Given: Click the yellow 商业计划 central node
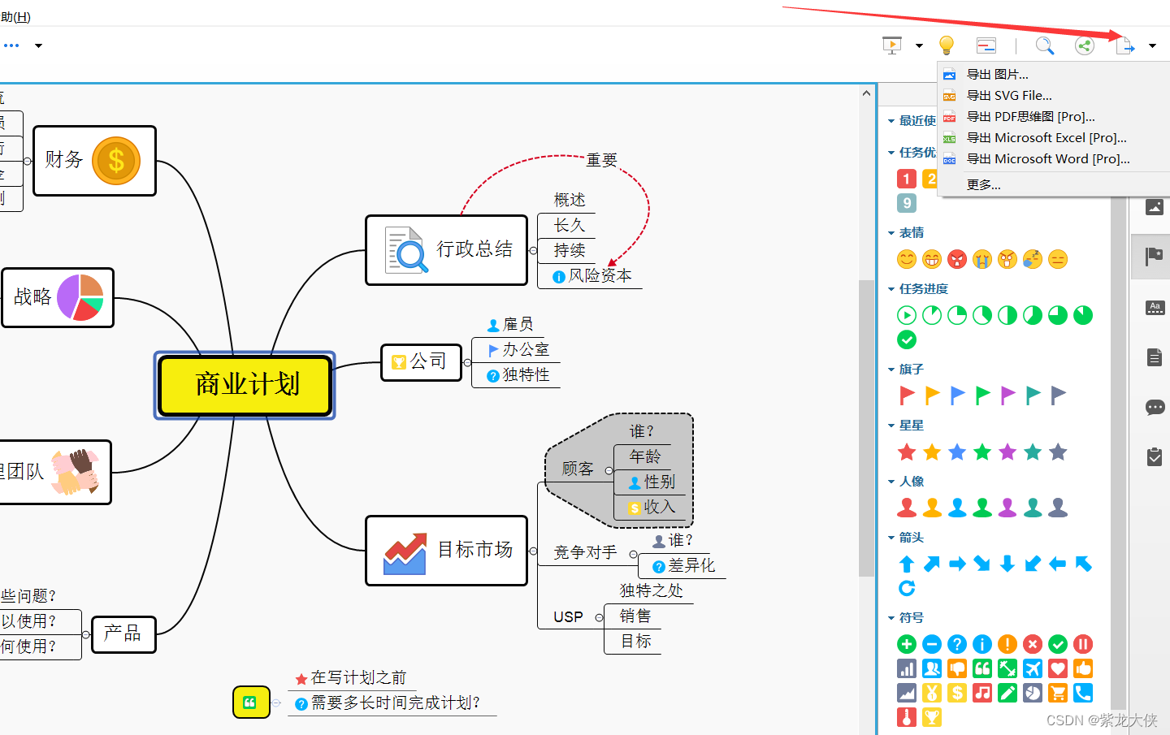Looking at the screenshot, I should (x=245, y=385).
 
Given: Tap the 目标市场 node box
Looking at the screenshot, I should (x=447, y=551).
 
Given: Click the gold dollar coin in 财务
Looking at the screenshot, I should (x=116, y=161).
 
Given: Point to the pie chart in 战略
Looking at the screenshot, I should (x=80, y=297).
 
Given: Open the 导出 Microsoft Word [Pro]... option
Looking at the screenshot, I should (x=1047, y=159).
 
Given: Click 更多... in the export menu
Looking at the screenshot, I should (x=983, y=185).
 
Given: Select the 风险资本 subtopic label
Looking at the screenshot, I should (x=600, y=276).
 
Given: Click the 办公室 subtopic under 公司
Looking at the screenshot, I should (x=525, y=350).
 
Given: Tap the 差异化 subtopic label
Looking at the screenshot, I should (x=691, y=566).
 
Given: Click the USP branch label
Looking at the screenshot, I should (x=568, y=617).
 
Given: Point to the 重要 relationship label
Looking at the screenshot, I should (x=601, y=160).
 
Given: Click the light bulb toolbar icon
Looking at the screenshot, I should (x=946, y=45).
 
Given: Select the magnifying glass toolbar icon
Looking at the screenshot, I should (x=1044, y=45).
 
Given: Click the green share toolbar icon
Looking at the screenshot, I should (x=1084, y=45).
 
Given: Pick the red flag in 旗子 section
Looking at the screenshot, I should (x=907, y=396).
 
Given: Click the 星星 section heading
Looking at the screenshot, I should (x=911, y=426).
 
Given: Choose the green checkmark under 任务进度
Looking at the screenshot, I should (x=907, y=339).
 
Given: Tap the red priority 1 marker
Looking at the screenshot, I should (x=907, y=179).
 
